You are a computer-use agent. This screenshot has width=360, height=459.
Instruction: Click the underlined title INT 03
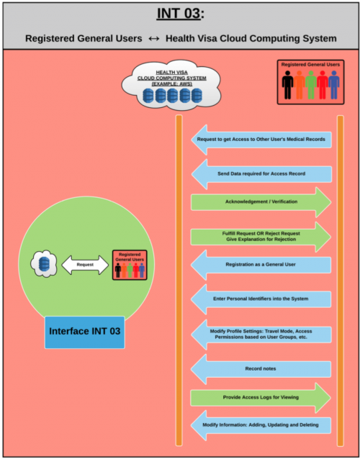tap(179, 14)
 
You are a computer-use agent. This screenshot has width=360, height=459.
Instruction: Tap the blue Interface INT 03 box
tap(85, 332)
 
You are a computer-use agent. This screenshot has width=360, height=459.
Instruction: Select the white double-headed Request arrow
tap(85, 265)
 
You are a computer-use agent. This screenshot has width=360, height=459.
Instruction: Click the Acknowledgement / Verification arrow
tap(261, 202)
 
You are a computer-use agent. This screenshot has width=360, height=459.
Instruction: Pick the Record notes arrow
tap(261, 369)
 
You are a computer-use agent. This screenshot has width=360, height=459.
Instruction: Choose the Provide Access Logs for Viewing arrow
tap(261, 398)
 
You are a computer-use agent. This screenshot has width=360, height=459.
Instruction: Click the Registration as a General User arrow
tap(261, 265)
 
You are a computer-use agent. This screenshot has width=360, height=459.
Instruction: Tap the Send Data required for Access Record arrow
tap(261, 174)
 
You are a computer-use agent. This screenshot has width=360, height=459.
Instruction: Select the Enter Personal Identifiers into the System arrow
tap(261, 299)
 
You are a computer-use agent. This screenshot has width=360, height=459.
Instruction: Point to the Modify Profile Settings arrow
tap(261, 335)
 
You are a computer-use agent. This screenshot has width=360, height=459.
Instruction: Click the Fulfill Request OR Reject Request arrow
tap(261, 237)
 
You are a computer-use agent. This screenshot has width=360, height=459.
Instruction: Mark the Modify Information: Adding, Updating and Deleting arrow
tap(261, 425)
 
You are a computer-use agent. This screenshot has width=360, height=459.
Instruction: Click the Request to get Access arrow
tap(261, 140)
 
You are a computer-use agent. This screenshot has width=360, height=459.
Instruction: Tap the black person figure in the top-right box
tap(288, 85)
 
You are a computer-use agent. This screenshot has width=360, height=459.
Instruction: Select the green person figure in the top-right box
tap(311, 85)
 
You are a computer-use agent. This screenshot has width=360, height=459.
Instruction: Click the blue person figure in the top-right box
tap(334, 85)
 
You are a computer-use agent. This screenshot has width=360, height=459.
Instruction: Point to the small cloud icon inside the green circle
tap(43, 263)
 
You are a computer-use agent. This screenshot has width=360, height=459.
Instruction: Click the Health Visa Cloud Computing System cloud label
tap(173, 78)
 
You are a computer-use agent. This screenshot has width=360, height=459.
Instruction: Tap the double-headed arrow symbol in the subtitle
tap(154, 39)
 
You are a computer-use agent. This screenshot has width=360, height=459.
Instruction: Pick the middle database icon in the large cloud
tap(173, 96)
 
